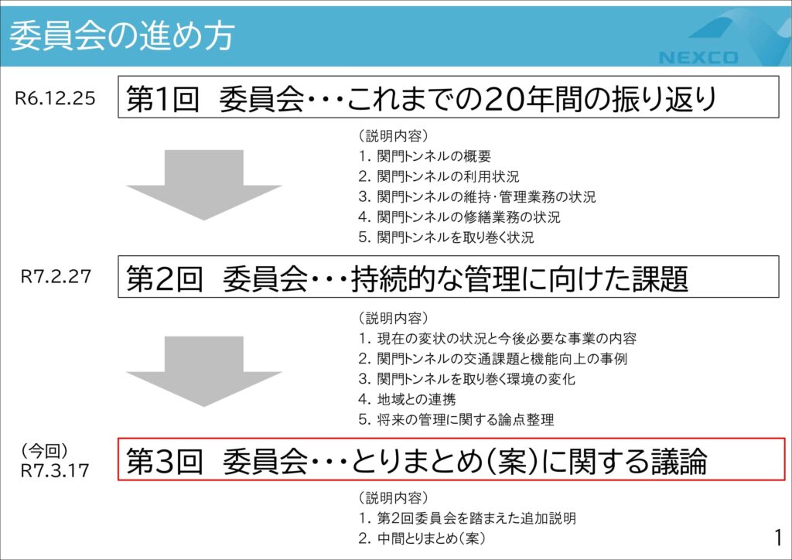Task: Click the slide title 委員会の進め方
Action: coord(122,36)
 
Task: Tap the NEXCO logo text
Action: coord(698,57)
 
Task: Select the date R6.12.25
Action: coord(55,98)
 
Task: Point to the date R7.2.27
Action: coord(56,276)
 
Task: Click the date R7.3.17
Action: coord(55,470)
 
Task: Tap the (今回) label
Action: coord(44,451)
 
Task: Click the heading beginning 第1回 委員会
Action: coord(422,98)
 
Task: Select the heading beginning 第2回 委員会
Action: coord(407,278)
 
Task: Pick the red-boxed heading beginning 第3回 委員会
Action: coord(416,460)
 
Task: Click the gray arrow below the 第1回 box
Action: coord(203,185)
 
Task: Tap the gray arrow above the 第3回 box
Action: coord(203,371)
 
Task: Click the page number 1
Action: coord(778,538)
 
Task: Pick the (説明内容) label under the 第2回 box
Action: coord(394,318)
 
